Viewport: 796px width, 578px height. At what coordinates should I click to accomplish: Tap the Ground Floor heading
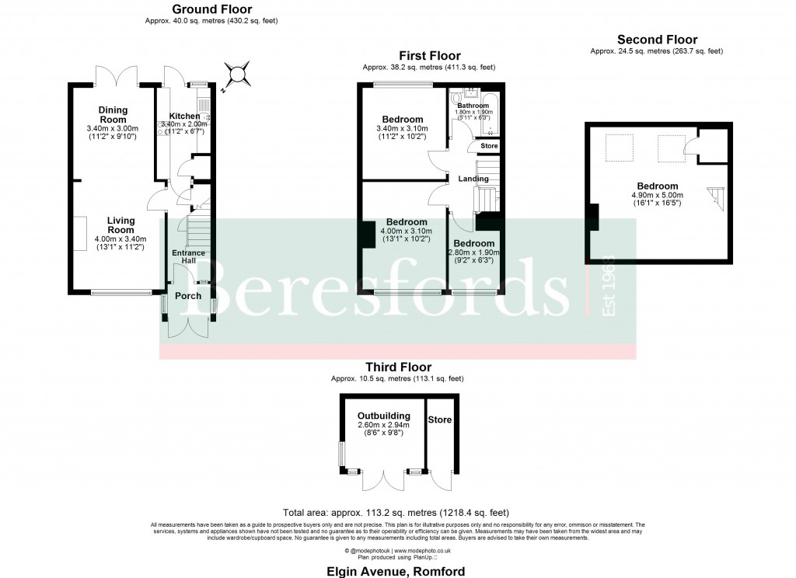(211, 9)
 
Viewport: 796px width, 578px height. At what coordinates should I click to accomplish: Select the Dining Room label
(113, 115)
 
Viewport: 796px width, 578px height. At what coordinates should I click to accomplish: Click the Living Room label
(121, 225)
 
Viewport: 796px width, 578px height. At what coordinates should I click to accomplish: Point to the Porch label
(188, 296)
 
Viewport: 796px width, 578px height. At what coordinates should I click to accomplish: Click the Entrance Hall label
(188, 257)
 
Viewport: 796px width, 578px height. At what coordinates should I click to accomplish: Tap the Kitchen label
(184, 117)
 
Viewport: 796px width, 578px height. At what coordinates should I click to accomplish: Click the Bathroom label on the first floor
(473, 105)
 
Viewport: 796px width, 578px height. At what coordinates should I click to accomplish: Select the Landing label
(473, 179)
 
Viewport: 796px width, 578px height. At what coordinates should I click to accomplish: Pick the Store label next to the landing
(489, 146)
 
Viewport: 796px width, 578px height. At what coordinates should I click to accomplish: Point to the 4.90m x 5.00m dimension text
(658, 195)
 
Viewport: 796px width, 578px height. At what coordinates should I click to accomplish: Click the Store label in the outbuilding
(440, 420)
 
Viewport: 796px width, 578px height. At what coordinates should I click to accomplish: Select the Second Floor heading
(657, 40)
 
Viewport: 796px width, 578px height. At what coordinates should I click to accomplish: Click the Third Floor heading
(398, 367)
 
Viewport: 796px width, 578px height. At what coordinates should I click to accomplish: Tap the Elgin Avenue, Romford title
(396, 572)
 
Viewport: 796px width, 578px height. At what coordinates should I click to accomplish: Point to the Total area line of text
(396, 513)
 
